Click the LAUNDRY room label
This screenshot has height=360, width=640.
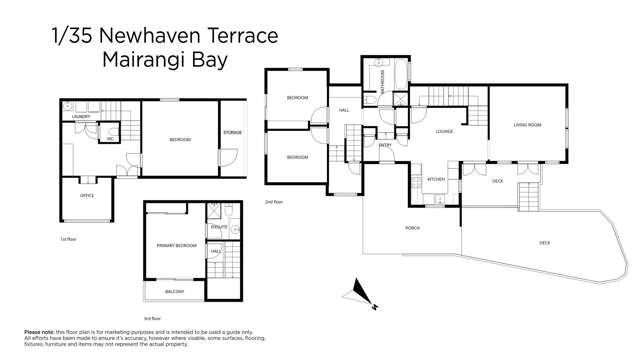point(81,118)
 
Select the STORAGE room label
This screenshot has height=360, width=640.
point(232,132)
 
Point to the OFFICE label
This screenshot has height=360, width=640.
point(87,195)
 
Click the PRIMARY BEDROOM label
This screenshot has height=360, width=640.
point(175,245)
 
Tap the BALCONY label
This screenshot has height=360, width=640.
point(175,291)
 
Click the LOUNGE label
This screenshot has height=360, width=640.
point(445,131)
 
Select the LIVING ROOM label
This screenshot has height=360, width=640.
point(527,125)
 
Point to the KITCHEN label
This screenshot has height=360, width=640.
point(436,179)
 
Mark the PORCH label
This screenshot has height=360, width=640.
point(412,228)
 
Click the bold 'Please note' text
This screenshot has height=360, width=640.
point(40,332)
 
